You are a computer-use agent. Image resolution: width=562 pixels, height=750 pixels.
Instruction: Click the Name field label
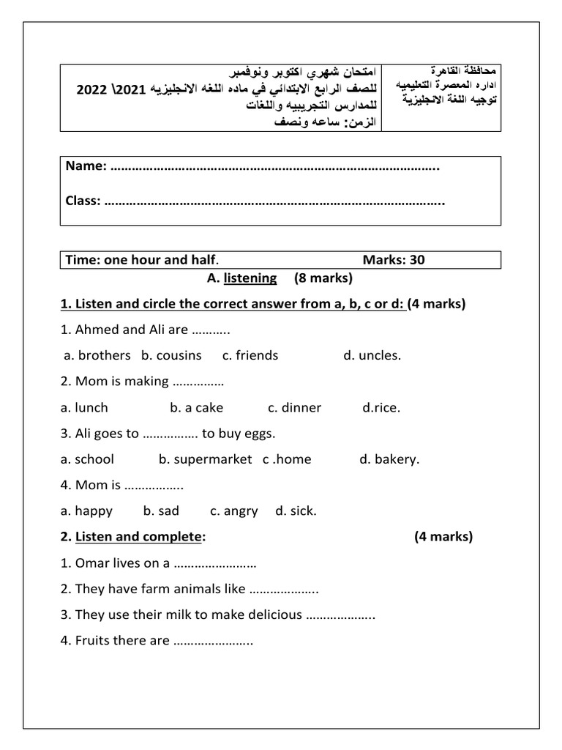pyautogui.click(x=86, y=166)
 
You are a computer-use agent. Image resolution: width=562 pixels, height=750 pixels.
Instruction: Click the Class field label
pyautogui.click(x=83, y=201)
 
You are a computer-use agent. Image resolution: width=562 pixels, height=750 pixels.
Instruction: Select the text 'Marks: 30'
pyautogui.click(x=393, y=259)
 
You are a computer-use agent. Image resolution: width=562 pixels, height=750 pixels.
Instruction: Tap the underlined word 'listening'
pyautogui.click(x=250, y=278)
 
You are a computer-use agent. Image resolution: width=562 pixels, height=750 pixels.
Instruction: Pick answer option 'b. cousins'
pyautogui.click(x=171, y=355)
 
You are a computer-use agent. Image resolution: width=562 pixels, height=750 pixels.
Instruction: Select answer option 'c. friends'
pyautogui.click(x=250, y=355)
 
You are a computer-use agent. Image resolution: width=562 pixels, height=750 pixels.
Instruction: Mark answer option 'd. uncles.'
pyautogui.click(x=372, y=355)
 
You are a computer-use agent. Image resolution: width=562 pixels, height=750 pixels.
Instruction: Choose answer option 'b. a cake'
pyautogui.click(x=197, y=407)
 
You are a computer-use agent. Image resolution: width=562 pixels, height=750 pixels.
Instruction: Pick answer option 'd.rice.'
pyautogui.click(x=381, y=407)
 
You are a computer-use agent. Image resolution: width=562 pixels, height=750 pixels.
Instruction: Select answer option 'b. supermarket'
pyautogui.click(x=205, y=459)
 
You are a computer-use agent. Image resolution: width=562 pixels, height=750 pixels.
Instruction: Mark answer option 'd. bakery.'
pyautogui.click(x=389, y=459)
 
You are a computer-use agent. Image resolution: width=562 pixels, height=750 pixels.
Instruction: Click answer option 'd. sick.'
pyautogui.click(x=296, y=511)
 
